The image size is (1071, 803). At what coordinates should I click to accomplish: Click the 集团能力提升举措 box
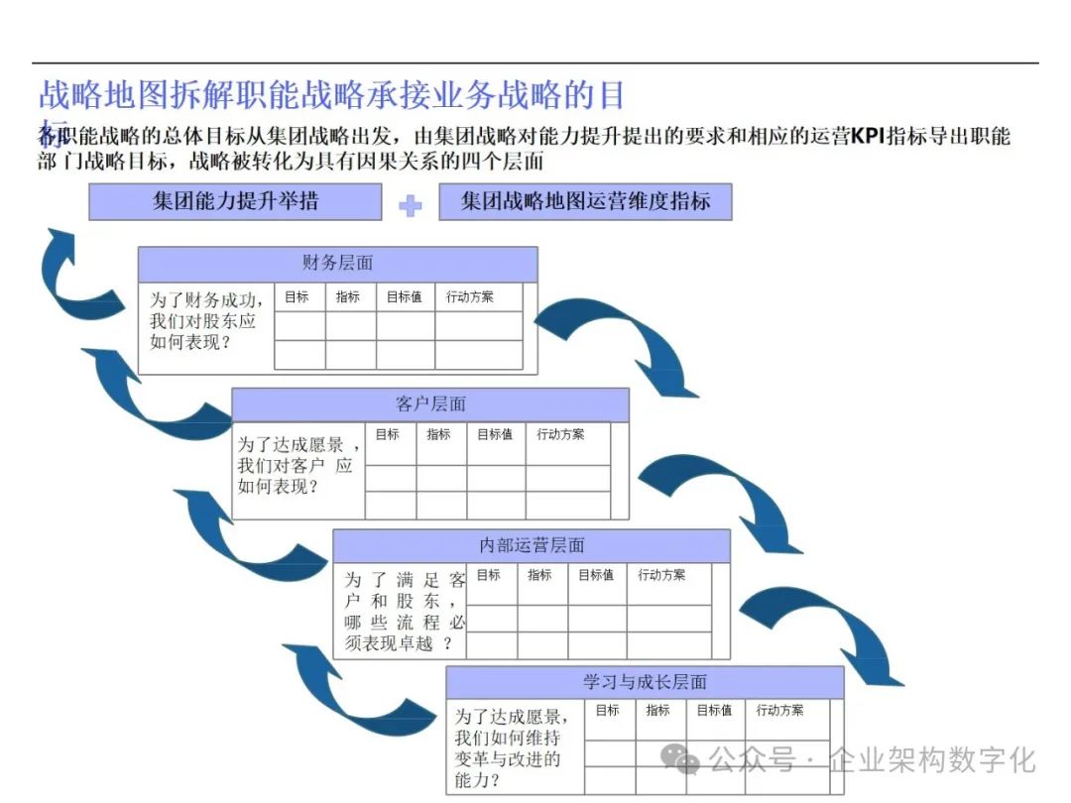[235, 201]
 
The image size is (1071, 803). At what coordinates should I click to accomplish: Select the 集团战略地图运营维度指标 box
[585, 201]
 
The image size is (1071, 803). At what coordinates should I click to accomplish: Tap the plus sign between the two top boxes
[410, 205]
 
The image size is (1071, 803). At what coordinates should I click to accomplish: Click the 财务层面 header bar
[337, 264]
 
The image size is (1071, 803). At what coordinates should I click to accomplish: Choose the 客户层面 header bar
[430, 404]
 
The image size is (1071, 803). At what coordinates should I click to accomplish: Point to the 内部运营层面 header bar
[532, 545]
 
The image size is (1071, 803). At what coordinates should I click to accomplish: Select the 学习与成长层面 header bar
[645, 682]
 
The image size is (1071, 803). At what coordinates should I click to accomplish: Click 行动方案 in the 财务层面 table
[469, 296]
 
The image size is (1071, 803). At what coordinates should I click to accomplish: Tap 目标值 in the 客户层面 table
[495, 434]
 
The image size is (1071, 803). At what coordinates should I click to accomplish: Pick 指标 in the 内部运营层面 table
[539, 575]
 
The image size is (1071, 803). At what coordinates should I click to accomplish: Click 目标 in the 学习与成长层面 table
[607, 711]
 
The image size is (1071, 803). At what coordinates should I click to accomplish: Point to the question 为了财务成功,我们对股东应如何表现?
[205, 320]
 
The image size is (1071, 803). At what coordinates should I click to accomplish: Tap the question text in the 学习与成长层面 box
[512, 747]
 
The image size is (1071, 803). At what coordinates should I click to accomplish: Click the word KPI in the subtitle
[867, 137]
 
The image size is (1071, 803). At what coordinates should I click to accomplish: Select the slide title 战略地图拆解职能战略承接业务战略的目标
[331, 96]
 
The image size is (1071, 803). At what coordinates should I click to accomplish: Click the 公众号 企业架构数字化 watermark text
[853, 760]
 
